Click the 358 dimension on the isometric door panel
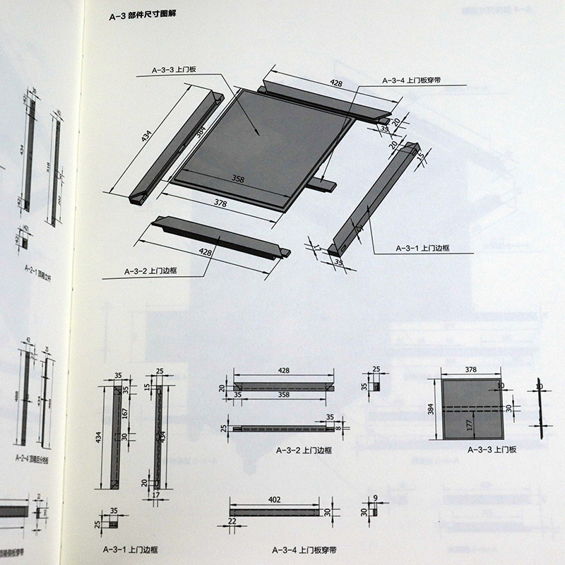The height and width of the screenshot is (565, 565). tap(238, 180)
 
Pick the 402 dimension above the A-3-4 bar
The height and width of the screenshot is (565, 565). tap(273, 500)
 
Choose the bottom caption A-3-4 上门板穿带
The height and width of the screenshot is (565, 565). tap(304, 548)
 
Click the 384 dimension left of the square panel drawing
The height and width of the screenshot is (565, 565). tap(432, 410)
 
